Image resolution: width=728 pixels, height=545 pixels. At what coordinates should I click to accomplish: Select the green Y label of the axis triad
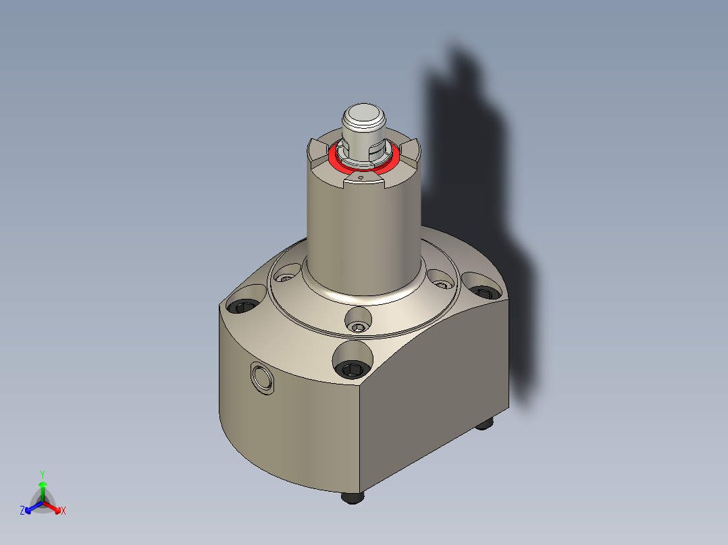(42, 474)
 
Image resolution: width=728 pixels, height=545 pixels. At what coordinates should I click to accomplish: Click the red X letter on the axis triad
(63, 511)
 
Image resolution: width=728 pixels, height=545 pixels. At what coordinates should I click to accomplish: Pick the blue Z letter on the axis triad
(22, 511)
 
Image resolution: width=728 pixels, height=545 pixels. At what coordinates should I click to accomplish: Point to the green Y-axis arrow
(43, 487)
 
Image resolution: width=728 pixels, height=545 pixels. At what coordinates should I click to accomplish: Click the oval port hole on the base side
(262, 378)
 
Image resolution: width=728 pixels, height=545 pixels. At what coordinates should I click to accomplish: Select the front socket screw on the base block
(353, 368)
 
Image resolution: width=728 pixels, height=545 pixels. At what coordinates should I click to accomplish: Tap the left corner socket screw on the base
(243, 307)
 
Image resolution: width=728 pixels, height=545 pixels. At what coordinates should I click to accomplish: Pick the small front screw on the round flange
(357, 327)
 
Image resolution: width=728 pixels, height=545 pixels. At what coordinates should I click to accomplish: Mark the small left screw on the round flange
(286, 277)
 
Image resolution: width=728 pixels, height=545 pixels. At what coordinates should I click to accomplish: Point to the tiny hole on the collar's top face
(361, 179)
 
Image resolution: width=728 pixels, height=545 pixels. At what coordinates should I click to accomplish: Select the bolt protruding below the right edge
(484, 423)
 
